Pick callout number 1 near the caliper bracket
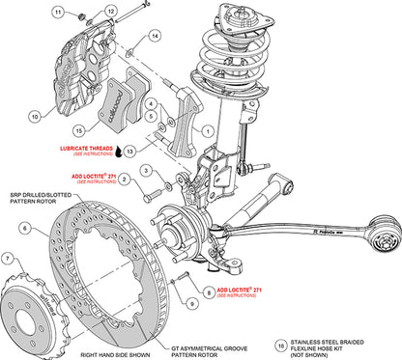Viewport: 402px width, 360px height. pyautogui.click(x=201, y=129)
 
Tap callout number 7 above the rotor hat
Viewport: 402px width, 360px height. pyautogui.click(x=10, y=258)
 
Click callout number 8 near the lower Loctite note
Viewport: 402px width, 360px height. pyautogui.click(x=208, y=288)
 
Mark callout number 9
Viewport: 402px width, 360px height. pyautogui.click(x=191, y=304)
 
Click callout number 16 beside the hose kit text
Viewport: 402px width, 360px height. pyautogui.click(x=280, y=342)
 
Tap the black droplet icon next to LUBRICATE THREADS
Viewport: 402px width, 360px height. pyautogui.click(x=116, y=152)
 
